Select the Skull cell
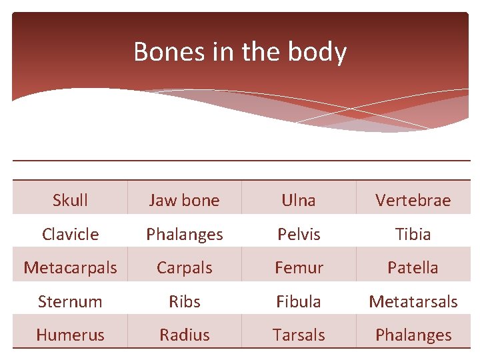(x=70, y=200)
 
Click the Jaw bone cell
(x=184, y=200)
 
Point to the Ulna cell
(x=299, y=200)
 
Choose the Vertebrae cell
(x=413, y=200)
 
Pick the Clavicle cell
(x=70, y=234)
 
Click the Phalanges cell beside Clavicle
(x=184, y=234)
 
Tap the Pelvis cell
(x=299, y=234)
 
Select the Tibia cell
(x=413, y=234)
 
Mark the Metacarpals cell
(x=70, y=267)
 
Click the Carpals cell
(x=184, y=267)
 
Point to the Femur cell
(x=299, y=267)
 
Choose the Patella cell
(x=413, y=267)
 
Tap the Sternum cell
(x=70, y=301)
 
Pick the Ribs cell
(x=184, y=301)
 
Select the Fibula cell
(x=299, y=301)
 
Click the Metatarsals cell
(x=413, y=301)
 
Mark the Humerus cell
(x=70, y=335)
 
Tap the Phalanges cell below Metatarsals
(x=413, y=335)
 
